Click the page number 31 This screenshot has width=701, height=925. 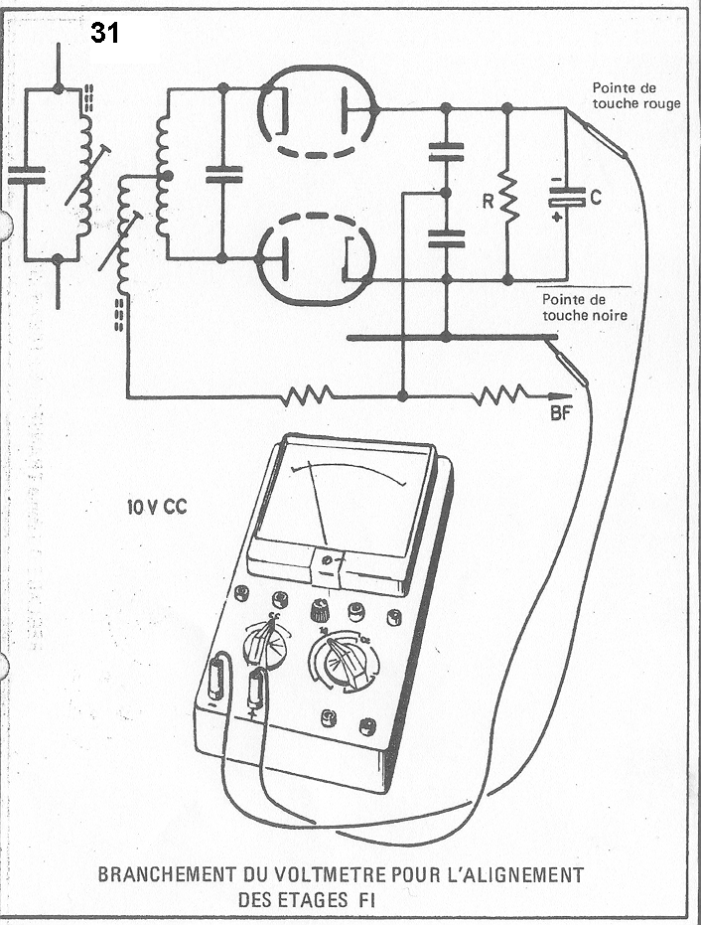click(105, 33)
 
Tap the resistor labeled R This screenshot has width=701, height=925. click(508, 199)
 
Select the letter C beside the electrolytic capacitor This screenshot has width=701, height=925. click(595, 199)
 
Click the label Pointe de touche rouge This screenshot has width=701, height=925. click(636, 95)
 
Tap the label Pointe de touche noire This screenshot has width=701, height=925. click(584, 307)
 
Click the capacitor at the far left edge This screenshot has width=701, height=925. click(27, 176)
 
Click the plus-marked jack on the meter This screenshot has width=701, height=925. click(256, 688)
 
